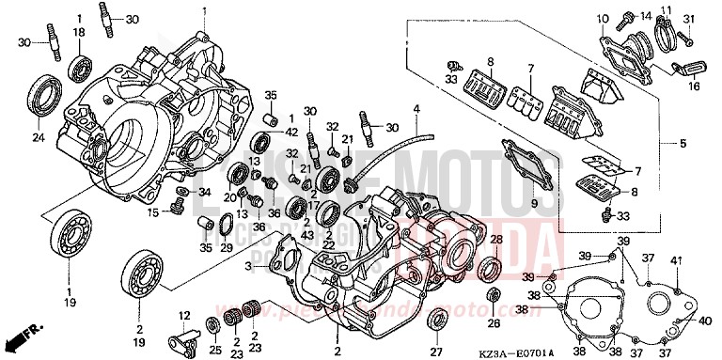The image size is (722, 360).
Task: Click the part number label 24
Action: [39, 138]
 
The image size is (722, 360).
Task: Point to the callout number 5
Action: [683, 144]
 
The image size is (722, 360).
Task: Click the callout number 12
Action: [184, 315]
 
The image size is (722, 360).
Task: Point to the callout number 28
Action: [496, 240]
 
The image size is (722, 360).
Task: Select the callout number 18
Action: [78, 33]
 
